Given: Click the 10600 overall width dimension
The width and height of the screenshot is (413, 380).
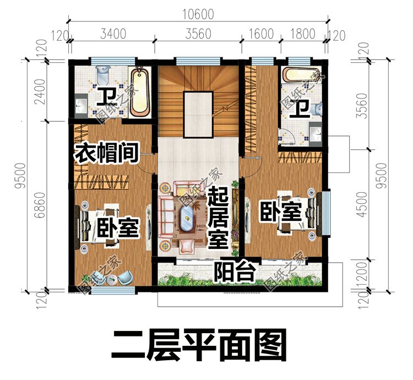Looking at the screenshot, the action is click(x=198, y=14).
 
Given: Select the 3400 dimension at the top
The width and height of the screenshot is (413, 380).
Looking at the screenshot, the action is click(x=113, y=34).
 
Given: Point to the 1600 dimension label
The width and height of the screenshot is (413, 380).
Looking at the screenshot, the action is click(x=261, y=34).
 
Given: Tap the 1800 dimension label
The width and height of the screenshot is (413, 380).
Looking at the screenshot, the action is click(x=303, y=34).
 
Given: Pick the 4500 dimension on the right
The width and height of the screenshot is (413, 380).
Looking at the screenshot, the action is click(x=363, y=204).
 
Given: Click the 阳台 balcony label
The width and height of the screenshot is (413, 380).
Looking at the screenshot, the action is click(x=234, y=272).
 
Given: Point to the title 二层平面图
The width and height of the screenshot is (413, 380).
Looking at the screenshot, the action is click(x=199, y=345).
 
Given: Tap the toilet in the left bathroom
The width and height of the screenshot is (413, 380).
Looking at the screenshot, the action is click(x=103, y=73).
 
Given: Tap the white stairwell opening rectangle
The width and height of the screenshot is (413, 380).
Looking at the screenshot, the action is click(x=198, y=114).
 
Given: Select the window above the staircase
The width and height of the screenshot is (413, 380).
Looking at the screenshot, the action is click(x=198, y=61).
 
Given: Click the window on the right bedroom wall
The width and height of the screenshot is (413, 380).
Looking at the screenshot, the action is click(x=326, y=213).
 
